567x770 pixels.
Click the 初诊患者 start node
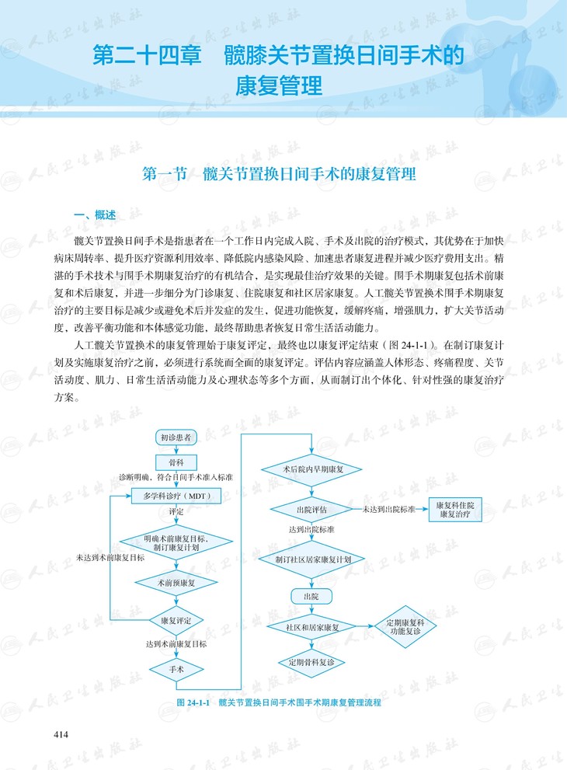176,437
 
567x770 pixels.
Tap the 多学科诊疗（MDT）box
176,495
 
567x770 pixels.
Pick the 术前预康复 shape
176,581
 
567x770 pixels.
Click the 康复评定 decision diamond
176,620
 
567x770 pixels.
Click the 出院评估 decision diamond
311,509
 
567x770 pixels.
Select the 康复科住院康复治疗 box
461,509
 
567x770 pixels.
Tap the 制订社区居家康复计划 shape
311,559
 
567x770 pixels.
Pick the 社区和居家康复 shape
311,627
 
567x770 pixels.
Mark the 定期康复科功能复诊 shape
405,627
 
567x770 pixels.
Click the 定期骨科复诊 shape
311,662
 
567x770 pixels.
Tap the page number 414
61,733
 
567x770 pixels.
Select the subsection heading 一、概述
94,214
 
